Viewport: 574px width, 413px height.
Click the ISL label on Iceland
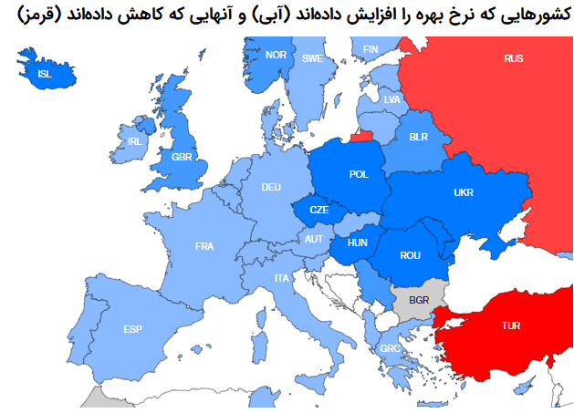(x=45, y=74)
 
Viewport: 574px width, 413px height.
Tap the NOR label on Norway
(x=276, y=55)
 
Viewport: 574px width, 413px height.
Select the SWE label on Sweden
(x=313, y=58)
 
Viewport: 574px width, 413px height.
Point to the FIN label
(x=370, y=49)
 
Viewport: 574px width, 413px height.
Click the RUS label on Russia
(x=514, y=58)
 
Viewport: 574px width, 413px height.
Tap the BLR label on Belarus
(x=419, y=137)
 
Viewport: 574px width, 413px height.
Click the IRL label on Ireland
(x=135, y=141)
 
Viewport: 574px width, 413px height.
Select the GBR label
(x=183, y=157)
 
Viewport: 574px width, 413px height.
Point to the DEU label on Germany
(x=271, y=187)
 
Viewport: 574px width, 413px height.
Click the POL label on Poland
(x=359, y=173)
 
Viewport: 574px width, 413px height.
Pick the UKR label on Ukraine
(x=464, y=192)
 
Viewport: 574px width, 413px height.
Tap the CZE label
(x=318, y=209)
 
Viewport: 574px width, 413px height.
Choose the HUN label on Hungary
(x=358, y=243)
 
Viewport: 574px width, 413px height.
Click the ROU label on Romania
(x=411, y=255)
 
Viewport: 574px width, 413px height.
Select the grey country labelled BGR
(x=419, y=299)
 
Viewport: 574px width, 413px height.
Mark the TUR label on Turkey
(x=511, y=325)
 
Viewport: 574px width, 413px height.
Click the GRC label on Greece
(x=390, y=348)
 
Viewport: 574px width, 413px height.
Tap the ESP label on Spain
(x=133, y=328)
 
